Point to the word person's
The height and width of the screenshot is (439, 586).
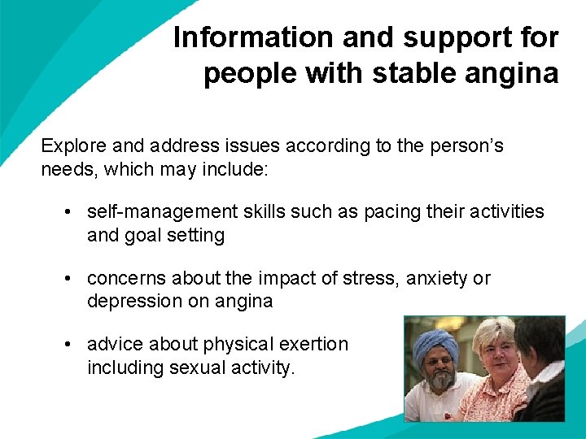(463, 146)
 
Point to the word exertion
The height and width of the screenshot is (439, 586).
(313, 344)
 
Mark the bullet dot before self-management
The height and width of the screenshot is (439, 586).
(72, 212)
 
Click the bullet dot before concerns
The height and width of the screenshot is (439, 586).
(72, 279)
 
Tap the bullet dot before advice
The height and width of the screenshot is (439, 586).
(72, 345)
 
